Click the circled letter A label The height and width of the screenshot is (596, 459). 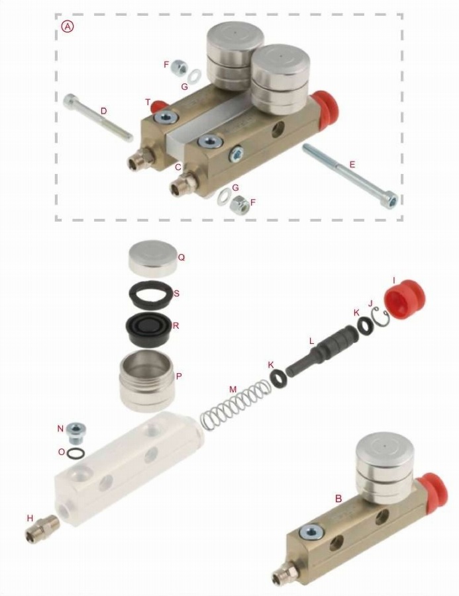pyautogui.click(x=68, y=26)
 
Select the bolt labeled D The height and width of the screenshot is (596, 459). pyautogui.click(x=98, y=118)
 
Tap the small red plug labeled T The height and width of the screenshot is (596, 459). pyautogui.click(x=156, y=105)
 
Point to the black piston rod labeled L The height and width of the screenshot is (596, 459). pyautogui.click(x=322, y=351)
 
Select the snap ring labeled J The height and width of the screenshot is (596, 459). pyautogui.click(x=379, y=317)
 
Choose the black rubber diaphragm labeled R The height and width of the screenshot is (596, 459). pyautogui.click(x=149, y=329)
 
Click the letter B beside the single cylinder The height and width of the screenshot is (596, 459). pyautogui.click(x=338, y=498)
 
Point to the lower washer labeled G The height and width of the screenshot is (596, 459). pyautogui.click(x=224, y=197)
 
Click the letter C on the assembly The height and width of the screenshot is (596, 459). pyautogui.click(x=178, y=167)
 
